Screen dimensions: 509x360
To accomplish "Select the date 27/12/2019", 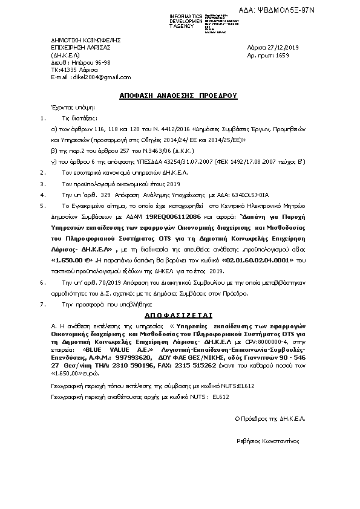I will point(290,47).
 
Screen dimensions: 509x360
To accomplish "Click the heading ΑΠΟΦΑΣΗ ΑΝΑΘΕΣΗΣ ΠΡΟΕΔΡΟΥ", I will point(179,96).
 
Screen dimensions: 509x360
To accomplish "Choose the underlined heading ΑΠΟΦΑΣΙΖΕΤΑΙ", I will point(179,316).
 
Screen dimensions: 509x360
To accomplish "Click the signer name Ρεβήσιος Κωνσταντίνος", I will point(268,441).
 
